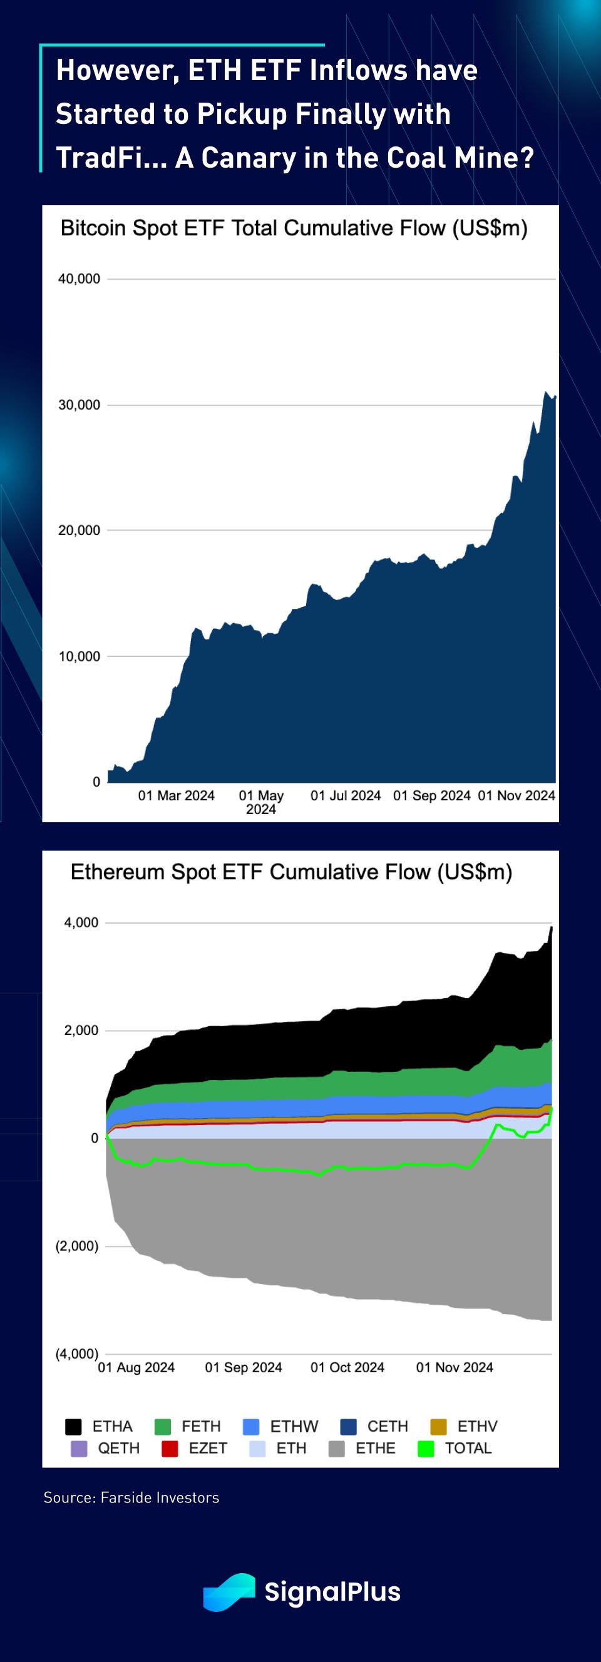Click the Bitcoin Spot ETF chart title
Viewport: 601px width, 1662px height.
click(x=294, y=228)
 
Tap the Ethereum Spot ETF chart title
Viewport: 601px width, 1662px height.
click(x=291, y=872)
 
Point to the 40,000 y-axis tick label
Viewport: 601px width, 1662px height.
click(x=80, y=279)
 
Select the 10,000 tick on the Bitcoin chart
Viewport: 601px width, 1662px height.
click(x=80, y=657)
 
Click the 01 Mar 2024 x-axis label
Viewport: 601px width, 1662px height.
click(x=177, y=796)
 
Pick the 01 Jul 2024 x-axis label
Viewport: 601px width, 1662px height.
click(x=346, y=796)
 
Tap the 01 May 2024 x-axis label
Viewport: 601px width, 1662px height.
click(x=262, y=802)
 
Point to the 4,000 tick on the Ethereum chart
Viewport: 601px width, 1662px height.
click(x=81, y=922)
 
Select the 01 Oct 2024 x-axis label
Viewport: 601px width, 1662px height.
click(x=347, y=1368)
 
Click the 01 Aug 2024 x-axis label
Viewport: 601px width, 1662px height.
click(x=136, y=1368)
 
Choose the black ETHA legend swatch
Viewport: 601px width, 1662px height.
click(x=74, y=1427)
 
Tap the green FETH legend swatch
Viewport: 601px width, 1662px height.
click(x=163, y=1427)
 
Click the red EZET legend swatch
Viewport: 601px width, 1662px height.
click(x=170, y=1449)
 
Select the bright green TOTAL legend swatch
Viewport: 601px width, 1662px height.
click(x=426, y=1449)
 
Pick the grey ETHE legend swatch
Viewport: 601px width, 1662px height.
click(x=337, y=1449)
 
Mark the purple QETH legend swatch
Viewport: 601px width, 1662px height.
click(x=79, y=1449)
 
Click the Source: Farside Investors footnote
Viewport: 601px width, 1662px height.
click(x=131, y=1497)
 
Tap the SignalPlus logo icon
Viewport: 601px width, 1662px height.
click(x=229, y=1593)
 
